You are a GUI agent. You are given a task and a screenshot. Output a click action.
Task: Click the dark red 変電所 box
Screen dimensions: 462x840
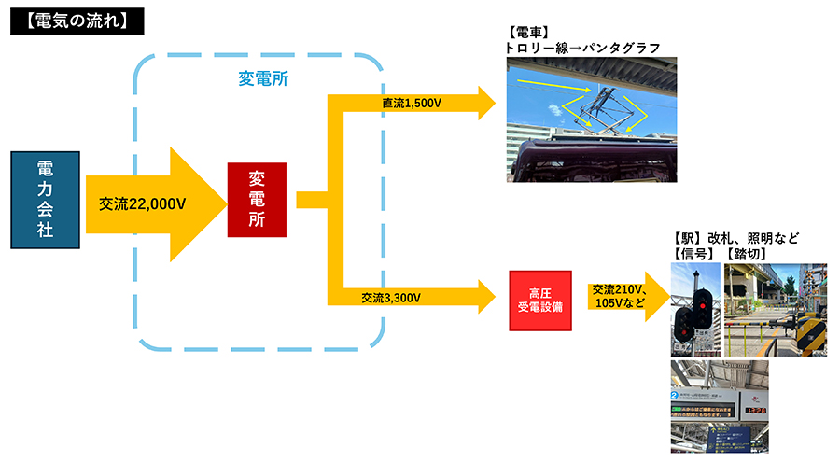(x=257, y=199)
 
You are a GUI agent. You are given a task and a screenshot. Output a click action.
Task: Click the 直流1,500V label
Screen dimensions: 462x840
(x=411, y=103)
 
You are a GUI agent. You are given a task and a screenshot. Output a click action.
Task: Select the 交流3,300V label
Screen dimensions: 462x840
(x=391, y=299)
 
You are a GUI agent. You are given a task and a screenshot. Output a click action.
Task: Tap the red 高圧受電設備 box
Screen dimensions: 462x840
(x=539, y=300)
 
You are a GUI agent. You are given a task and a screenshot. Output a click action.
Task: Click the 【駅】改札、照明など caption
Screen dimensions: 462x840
(x=736, y=237)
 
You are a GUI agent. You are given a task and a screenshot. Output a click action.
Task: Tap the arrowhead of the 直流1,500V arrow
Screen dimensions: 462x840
(x=487, y=103)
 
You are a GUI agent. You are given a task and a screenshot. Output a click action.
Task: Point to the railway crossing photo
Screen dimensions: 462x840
(x=775, y=310)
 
